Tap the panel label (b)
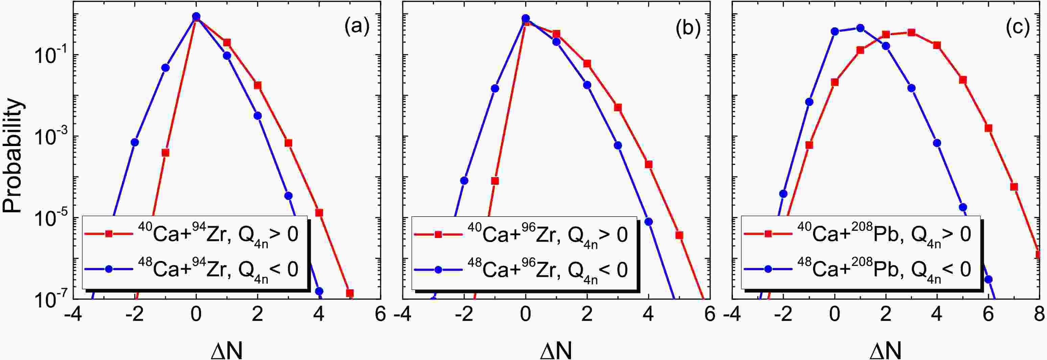pos(687,27)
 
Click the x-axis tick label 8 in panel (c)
pos(1039,315)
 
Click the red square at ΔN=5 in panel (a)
pos(350,293)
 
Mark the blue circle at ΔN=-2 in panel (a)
pos(135,142)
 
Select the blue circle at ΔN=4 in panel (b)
pos(649,221)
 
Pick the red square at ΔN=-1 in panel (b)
pos(495,181)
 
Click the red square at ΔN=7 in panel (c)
pos(1014,187)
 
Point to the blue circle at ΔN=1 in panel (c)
pos(860,28)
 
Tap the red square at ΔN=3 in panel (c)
pos(911,32)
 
